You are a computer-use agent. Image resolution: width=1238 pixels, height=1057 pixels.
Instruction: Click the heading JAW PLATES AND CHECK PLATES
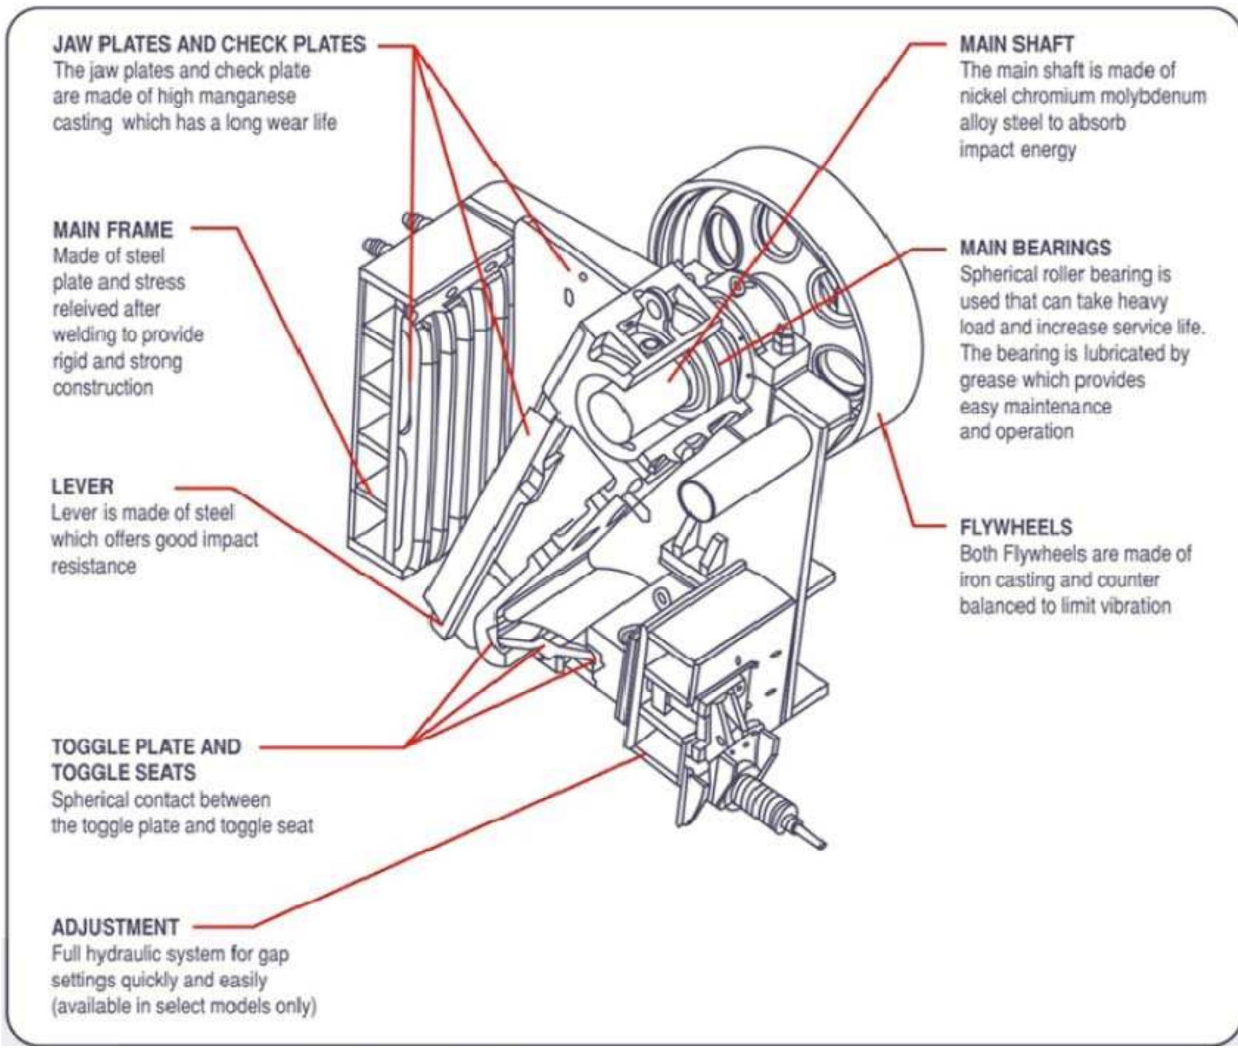pos(209,45)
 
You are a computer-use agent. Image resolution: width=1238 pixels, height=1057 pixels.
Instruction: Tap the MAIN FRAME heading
pos(113,230)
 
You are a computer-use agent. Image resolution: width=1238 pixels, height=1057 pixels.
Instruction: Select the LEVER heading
pos(83,486)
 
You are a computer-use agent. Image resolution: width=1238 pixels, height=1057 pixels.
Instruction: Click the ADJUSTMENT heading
pos(115,927)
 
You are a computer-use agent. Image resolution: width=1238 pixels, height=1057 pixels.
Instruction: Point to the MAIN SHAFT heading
pos(1017,45)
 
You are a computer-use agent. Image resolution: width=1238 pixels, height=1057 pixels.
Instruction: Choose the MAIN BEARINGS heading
pos(1035,248)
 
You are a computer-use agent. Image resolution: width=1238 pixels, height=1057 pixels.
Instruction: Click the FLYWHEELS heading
pos(1016,527)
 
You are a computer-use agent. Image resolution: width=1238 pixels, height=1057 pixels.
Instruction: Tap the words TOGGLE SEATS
pos(124,773)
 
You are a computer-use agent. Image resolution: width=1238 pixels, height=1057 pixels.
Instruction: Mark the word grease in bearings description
pos(988,380)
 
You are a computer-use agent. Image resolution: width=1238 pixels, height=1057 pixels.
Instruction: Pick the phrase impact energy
pos(1017,150)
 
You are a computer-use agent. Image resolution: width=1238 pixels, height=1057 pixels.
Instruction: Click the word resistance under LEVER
pos(94,566)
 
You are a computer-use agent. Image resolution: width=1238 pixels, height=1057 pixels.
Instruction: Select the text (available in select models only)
pos(184,1006)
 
